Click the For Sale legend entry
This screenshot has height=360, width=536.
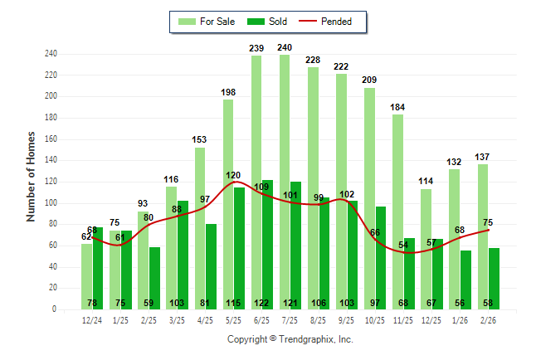[207, 22]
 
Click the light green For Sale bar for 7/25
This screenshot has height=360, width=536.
[285, 182]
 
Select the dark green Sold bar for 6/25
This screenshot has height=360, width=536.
[267, 241]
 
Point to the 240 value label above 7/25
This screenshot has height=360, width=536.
[285, 48]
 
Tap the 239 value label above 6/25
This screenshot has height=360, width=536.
[256, 49]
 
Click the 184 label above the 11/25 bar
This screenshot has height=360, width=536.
[398, 108]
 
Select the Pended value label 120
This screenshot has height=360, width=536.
[235, 176]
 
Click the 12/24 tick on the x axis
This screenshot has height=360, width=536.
[93, 320]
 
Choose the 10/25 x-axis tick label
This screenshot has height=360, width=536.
[375, 320]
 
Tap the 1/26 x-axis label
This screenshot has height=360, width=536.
[460, 320]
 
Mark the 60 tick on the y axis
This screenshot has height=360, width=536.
[53, 246]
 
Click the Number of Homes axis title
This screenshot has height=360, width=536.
[30, 176]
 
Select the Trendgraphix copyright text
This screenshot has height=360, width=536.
[290, 339]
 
